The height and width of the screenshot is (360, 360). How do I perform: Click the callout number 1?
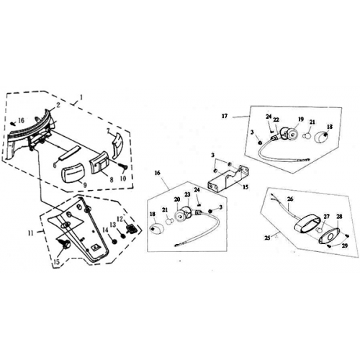(x=81, y=97)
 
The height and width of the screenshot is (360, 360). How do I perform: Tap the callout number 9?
(x=85, y=185)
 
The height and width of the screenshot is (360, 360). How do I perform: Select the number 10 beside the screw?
(x=123, y=179)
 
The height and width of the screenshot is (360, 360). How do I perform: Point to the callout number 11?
(x=30, y=233)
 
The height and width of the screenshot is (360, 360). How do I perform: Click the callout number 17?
(x=225, y=116)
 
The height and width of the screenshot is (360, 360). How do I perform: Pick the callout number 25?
(x=267, y=238)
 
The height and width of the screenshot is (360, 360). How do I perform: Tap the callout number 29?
(x=344, y=246)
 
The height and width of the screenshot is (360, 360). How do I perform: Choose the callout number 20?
(x=177, y=199)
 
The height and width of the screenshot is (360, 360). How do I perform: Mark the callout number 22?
(x=276, y=120)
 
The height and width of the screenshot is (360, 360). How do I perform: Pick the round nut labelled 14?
(x=114, y=241)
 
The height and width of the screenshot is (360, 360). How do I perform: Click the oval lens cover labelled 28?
(x=329, y=236)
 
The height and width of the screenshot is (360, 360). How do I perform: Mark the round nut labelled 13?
(x=123, y=235)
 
